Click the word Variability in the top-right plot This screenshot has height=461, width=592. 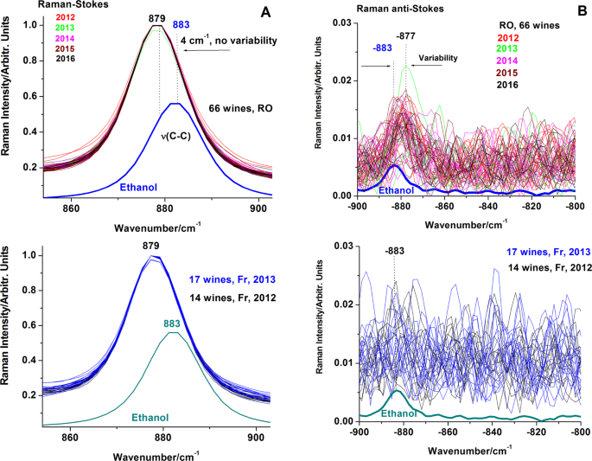[x=439, y=59]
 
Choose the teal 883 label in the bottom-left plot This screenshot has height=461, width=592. [x=175, y=323]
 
